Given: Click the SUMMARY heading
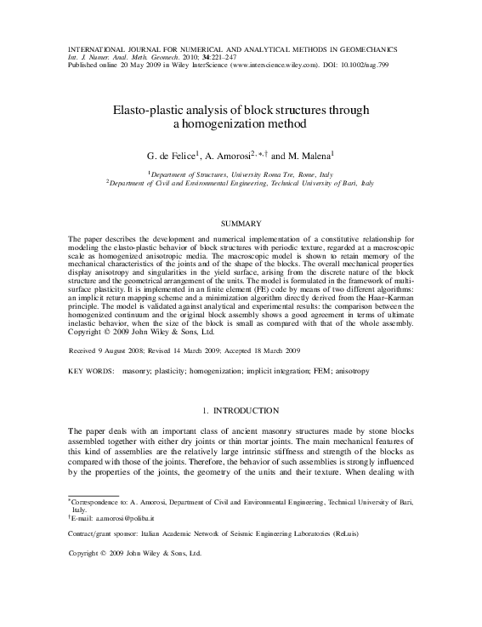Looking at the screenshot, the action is (x=241, y=224).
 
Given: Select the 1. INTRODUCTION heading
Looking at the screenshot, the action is (x=241, y=411).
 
